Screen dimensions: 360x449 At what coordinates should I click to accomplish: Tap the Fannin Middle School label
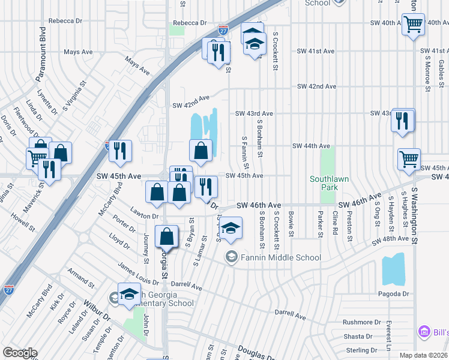pos(282,257)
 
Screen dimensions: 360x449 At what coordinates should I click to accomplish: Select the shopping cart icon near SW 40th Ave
pos(413,25)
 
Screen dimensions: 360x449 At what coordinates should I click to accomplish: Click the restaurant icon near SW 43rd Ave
pos(402,121)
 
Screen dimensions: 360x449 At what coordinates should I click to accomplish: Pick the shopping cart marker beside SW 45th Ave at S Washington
pos(409,160)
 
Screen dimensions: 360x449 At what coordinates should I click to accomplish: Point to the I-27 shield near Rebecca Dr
pos(223,29)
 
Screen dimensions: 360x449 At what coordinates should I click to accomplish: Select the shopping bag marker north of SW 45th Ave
pos(200,151)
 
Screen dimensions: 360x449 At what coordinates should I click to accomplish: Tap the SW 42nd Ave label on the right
pos(318,86)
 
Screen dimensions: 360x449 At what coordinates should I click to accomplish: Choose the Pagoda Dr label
pos(393,294)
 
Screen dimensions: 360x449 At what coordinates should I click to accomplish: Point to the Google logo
pos(19,353)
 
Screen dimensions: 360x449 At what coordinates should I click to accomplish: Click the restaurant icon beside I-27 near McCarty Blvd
pos(121,151)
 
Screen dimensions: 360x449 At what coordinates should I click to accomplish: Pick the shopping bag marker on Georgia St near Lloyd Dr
pos(167,237)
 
